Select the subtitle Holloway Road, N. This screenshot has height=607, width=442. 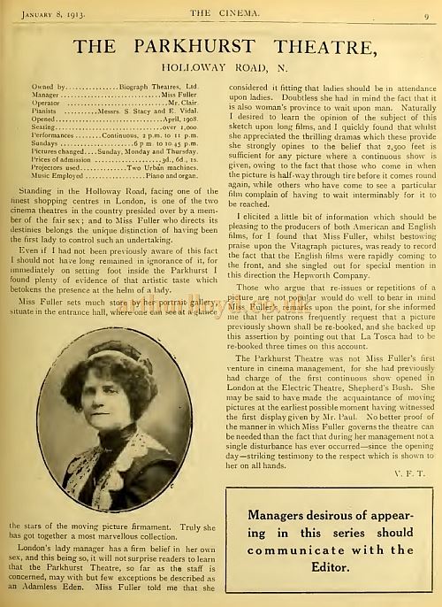click(x=220, y=66)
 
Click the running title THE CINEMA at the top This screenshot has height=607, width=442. click(x=220, y=10)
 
